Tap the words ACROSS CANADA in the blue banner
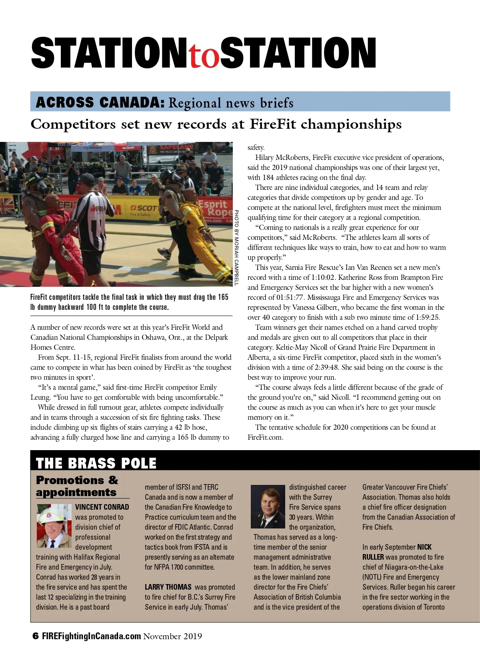tap(100, 103)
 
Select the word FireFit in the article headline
tap(273, 124)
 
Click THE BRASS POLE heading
tap(96, 463)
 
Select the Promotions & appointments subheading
tap(77, 486)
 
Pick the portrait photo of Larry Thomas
tap(268, 507)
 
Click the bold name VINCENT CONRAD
tap(102, 507)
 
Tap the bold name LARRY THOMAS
tap(168, 587)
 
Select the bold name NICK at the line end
tap(424, 547)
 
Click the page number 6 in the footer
tap(36, 636)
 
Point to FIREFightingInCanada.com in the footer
tap(92, 636)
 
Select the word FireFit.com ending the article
tap(265, 437)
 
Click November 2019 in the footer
tap(173, 636)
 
